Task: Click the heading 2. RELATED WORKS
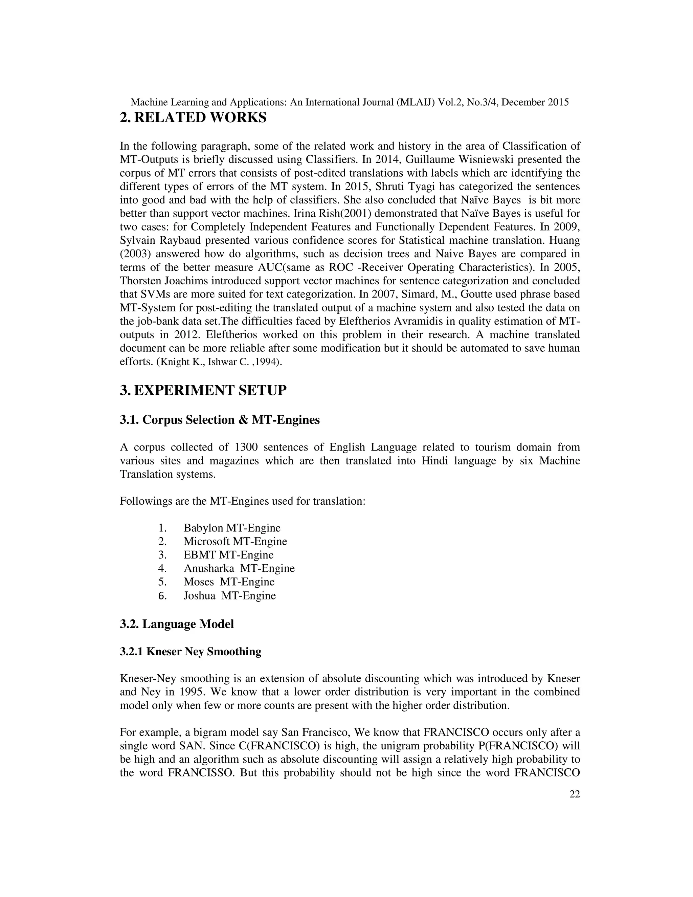193,118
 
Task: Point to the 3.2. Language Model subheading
177,624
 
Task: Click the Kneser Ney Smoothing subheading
191,652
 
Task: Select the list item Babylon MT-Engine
232,528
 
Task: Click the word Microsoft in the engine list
206,541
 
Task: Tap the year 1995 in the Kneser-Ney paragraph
192,692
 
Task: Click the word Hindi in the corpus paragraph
435,461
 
